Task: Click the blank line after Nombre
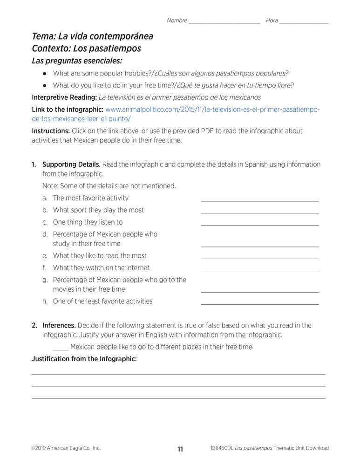(224, 22)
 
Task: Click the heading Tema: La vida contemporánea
(92, 36)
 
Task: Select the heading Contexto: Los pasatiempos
(86, 48)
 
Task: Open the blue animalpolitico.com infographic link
(212, 110)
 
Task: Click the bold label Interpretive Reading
(64, 97)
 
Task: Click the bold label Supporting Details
(71, 164)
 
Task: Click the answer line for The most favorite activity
(260, 200)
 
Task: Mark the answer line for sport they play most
(260, 212)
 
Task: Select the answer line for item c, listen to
(260, 224)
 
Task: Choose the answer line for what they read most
(260, 258)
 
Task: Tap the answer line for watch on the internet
(260, 270)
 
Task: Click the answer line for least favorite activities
(260, 303)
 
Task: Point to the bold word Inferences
(59, 325)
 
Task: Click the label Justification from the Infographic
(84, 359)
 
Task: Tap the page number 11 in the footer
(180, 449)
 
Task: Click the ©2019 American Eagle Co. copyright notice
(66, 448)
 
